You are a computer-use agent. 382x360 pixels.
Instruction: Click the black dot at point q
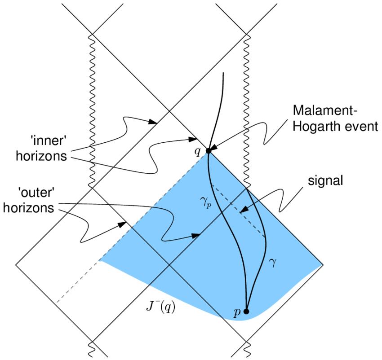point(209,151)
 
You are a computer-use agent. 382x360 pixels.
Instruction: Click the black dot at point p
point(246,311)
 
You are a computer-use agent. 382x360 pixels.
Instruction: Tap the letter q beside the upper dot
point(197,151)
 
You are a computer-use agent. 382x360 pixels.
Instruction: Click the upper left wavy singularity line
point(93,108)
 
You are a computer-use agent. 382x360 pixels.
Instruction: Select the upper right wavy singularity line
point(246,108)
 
